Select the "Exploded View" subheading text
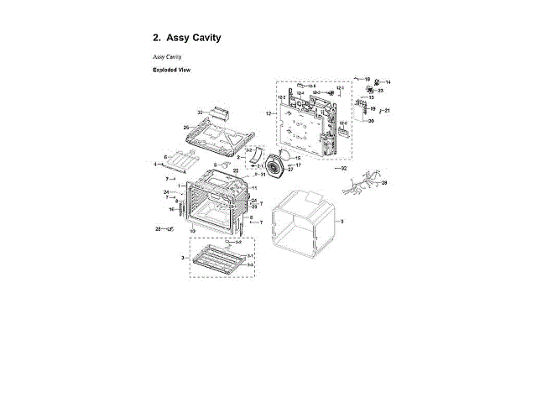171,70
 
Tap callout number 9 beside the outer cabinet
342,221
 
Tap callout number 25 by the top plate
186,128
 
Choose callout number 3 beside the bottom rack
183,258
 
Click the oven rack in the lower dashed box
220,259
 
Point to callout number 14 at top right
388,82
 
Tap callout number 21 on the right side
388,110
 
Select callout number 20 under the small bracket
372,121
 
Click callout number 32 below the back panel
342,169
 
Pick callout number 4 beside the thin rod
154,164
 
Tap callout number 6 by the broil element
165,157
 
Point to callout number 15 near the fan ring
298,158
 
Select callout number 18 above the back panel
367,78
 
